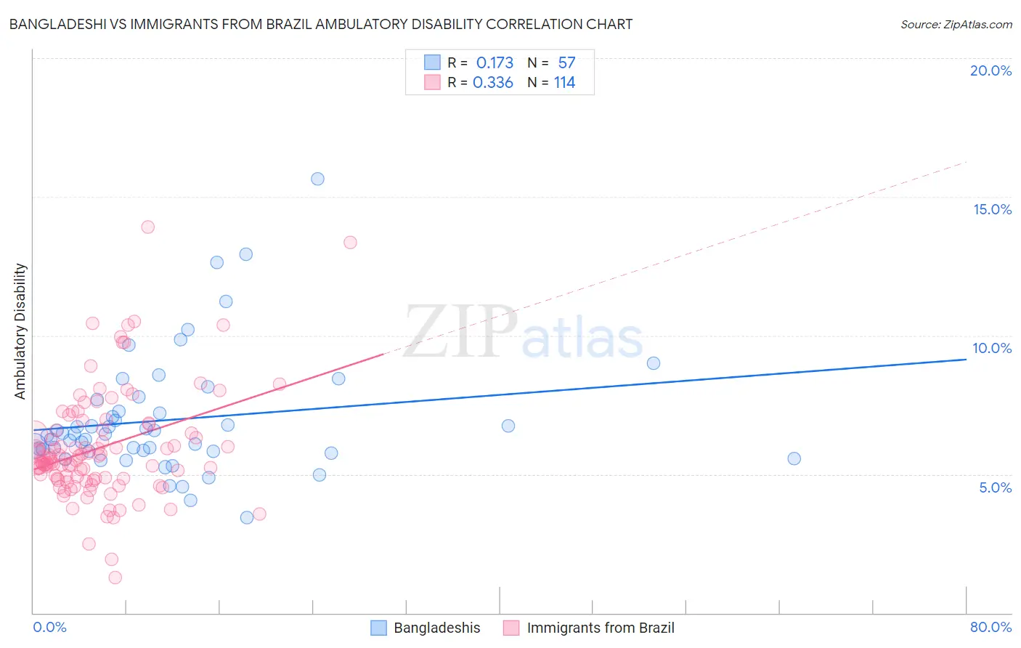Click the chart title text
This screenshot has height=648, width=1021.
coord(320,24)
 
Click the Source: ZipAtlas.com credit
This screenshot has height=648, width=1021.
coord(956,24)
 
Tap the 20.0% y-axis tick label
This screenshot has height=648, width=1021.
coord(991,70)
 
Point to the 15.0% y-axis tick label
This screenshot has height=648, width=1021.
coord(992,209)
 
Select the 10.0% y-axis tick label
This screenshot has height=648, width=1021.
coord(992,348)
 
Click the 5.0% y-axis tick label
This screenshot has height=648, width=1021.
coord(995,487)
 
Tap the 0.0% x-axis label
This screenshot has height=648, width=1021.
coord(49,627)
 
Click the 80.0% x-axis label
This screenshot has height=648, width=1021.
coord(991,627)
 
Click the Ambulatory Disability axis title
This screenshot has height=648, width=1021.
coord(20,331)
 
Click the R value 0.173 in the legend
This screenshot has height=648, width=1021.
coord(495,63)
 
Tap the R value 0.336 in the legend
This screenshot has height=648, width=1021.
coord(493,83)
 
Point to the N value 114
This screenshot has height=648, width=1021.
coord(564,83)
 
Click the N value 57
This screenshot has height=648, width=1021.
coord(566,63)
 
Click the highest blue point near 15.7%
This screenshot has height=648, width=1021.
coord(317,179)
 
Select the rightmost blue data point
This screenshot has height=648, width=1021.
coord(794,458)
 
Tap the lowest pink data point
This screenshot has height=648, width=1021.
coord(115,578)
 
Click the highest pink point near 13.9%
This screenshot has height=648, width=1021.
coord(147,227)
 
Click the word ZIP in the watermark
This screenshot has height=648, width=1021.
coord(460,333)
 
